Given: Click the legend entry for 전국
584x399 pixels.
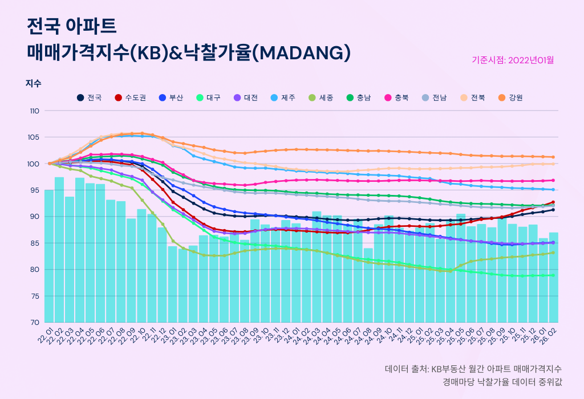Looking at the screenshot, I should [x=90, y=97].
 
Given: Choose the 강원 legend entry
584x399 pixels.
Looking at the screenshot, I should [x=510, y=97].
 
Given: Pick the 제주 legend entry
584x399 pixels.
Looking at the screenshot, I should [x=283, y=97].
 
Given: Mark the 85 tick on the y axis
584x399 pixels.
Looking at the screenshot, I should [x=34, y=243].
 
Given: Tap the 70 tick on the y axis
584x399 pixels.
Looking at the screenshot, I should [x=34, y=323].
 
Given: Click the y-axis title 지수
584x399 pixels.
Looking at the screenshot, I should [x=33, y=83].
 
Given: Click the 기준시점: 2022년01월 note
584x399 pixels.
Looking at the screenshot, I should [x=513, y=59].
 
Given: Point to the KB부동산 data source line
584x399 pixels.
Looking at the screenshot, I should [x=473, y=369].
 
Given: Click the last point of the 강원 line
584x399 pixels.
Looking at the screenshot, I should [x=553, y=157].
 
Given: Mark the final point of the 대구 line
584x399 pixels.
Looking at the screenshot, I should [x=553, y=275].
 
